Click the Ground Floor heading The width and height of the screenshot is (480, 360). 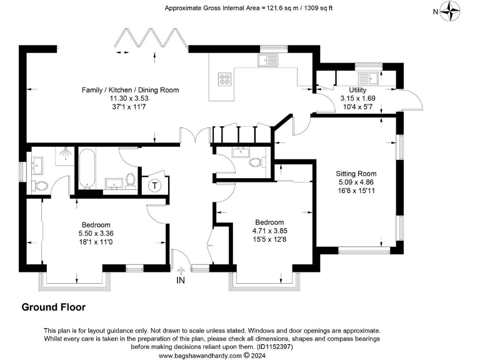54,307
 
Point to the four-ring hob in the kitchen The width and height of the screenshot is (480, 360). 224,79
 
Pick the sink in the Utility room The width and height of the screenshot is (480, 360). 366,78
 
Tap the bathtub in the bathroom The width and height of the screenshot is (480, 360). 86,168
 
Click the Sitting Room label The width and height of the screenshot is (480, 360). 356,174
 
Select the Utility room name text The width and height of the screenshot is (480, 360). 357,90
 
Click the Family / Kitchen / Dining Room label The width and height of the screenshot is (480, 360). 130,90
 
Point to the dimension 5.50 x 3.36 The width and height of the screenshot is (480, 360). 96,233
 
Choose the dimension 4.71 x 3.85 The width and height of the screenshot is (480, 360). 269,230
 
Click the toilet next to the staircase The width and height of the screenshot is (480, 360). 255,162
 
